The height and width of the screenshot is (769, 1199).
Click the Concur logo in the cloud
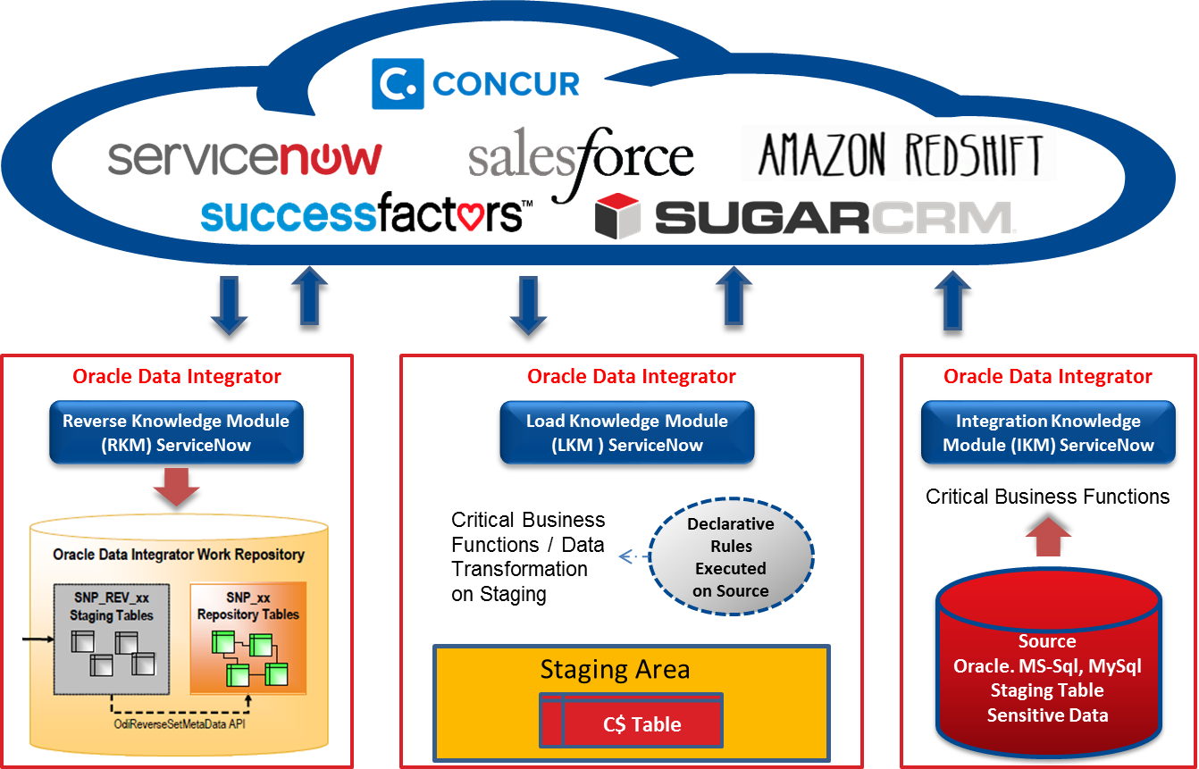pyautogui.click(x=477, y=84)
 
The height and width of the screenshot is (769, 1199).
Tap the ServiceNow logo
pyautogui.click(x=245, y=158)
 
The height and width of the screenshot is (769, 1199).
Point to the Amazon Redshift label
pyautogui.click(x=899, y=154)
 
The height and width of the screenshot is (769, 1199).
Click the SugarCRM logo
pyautogui.click(x=804, y=216)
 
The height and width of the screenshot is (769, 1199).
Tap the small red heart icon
pyautogui.click(x=470, y=216)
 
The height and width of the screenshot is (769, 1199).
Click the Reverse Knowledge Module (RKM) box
pyautogui.click(x=176, y=432)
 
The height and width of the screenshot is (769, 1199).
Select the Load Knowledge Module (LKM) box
pyautogui.click(x=627, y=432)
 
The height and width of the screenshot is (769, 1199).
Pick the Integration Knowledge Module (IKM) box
pyautogui.click(x=1048, y=432)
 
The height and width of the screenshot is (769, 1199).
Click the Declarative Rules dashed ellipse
pyautogui.click(x=731, y=557)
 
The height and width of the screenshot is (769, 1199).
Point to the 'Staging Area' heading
pyautogui.click(x=615, y=670)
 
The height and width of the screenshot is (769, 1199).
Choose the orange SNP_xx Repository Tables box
pyautogui.click(x=248, y=638)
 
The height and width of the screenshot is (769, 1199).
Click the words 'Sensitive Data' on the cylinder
pyautogui.click(x=1047, y=715)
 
